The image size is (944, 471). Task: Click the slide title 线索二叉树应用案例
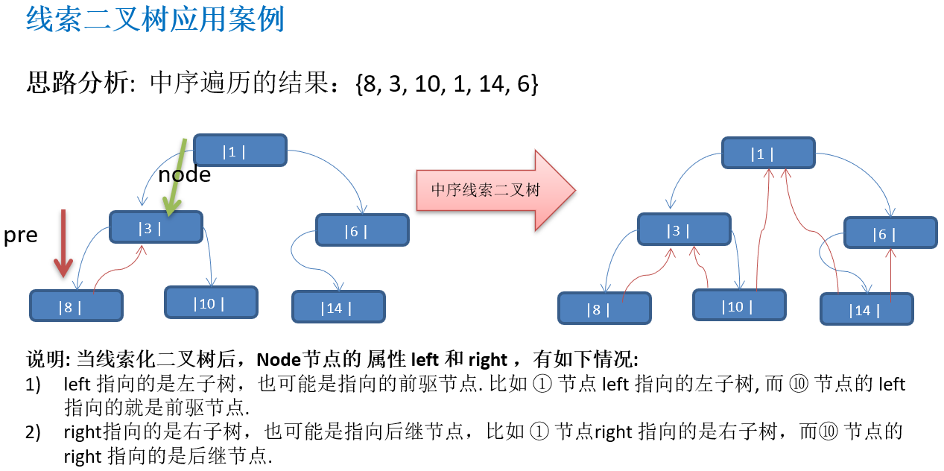155,20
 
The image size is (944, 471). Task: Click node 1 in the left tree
239,151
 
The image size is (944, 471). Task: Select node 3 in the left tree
156,227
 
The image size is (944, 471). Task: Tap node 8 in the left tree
76,306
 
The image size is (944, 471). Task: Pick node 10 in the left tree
211,303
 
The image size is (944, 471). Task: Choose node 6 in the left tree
362,230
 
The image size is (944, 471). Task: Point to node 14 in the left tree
338,307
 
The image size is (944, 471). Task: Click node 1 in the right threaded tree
767,154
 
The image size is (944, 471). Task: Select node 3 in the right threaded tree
683,230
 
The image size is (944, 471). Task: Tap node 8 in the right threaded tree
604,309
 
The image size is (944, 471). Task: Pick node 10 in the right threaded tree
738,306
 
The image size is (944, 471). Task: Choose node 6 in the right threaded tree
890,233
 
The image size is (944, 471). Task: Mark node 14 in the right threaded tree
866,309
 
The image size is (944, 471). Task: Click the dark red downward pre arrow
64,242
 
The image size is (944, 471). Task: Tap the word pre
20,235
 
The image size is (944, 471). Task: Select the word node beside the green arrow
184,174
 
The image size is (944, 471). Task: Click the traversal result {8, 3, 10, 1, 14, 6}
447,84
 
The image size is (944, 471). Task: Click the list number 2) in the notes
33,432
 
